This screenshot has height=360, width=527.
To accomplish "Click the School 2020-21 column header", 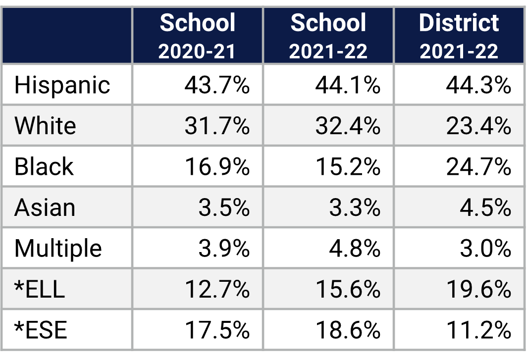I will [x=198, y=36].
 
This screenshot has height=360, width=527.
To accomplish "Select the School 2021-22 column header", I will [x=328, y=36].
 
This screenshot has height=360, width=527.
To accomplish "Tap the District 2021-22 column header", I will [x=459, y=36].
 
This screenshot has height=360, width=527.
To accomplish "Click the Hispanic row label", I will [x=62, y=85].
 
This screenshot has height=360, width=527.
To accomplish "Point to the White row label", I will [x=45, y=126].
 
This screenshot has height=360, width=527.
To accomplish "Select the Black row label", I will [x=44, y=167].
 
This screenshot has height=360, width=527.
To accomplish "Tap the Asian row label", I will [x=45, y=208].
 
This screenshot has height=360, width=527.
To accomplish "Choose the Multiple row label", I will [x=58, y=249].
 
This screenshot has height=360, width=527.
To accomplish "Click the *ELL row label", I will [x=40, y=289].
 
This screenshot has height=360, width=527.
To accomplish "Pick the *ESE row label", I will [x=40, y=330].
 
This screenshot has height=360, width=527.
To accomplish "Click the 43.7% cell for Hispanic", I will [x=217, y=85].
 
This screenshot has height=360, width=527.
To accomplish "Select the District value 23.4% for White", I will [x=478, y=126].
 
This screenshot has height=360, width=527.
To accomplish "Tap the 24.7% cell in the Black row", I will [x=478, y=167].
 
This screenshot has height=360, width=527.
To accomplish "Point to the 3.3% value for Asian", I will [x=355, y=208].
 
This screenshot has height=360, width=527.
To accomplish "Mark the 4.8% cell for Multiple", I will [x=355, y=249].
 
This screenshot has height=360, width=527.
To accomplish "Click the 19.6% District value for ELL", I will [x=478, y=289].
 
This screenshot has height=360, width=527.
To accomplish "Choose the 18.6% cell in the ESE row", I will [x=348, y=330].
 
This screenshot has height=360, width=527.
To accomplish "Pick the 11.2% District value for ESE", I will [x=478, y=330].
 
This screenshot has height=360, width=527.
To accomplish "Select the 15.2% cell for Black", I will [x=348, y=167].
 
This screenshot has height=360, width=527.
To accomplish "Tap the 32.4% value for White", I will [x=348, y=126].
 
